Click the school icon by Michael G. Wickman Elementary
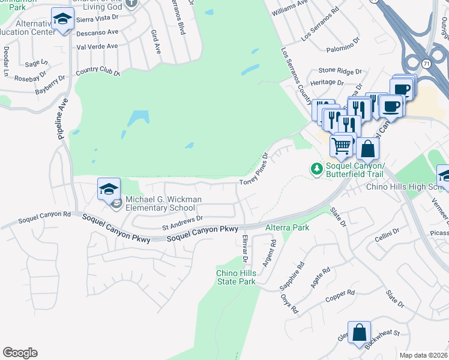(109, 189)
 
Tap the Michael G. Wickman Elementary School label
(164, 203)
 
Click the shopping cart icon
(341, 145)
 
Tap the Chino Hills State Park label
(236, 277)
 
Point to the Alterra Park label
(287, 227)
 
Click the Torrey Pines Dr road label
(253, 170)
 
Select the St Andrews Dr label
(183, 223)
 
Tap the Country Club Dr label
(98, 74)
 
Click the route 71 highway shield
(425, 62)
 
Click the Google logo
(20, 353)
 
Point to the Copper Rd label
(340, 295)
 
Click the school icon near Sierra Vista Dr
(62, 19)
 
